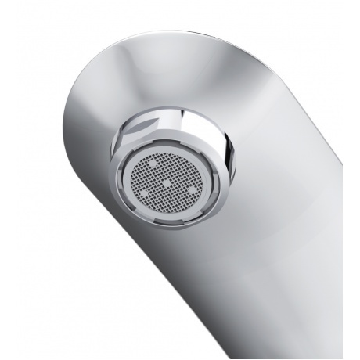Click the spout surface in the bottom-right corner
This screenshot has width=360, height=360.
(x=313, y=329)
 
